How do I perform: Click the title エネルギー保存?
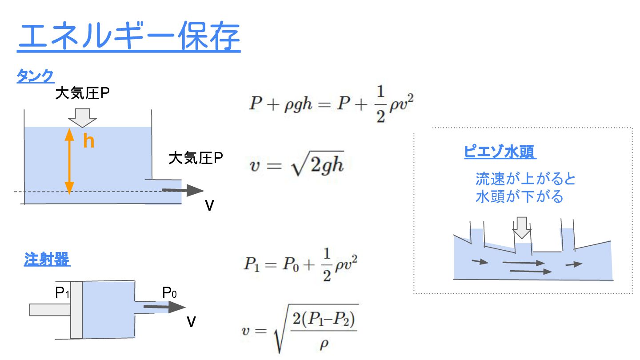(x=129, y=38)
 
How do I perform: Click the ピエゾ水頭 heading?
(x=500, y=152)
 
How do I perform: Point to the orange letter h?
(x=89, y=141)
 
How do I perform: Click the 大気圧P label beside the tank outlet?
(x=196, y=158)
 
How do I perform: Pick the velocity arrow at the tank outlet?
(x=182, y=190)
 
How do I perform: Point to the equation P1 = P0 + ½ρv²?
(x=300, y=264)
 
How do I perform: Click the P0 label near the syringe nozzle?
(x=169, y=292)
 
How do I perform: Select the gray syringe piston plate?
(x=76, y=309)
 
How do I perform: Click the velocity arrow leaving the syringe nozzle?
(x=164, y=306)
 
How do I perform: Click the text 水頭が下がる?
(x=519, y=196)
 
